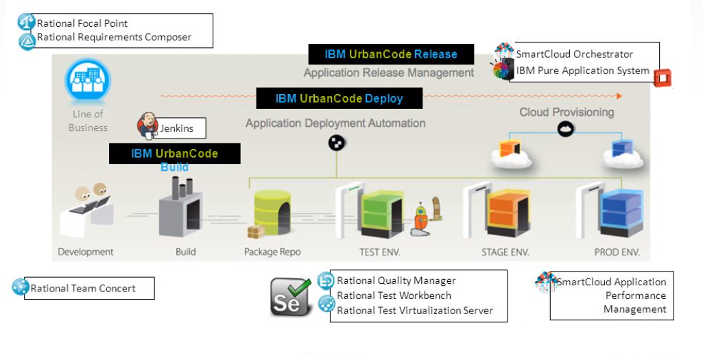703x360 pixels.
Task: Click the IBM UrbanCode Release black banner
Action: point(382,54)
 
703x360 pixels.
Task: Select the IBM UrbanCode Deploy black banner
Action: point(339,98)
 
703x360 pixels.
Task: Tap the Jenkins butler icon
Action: point(147,125)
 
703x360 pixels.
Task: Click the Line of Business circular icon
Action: point(87,82)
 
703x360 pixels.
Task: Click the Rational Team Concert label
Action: point(83,289)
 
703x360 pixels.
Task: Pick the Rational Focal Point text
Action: point(82,23)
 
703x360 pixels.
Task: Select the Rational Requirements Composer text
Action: point(114,37)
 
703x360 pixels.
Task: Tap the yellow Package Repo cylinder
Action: point(272,213)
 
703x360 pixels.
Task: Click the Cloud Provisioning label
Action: point(567,112)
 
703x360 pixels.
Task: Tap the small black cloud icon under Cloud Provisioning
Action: point(565,129)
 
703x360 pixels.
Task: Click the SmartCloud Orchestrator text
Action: point(574,54)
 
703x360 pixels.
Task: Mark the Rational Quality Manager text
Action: point(396,280)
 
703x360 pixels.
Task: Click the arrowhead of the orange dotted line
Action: point(619,96)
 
